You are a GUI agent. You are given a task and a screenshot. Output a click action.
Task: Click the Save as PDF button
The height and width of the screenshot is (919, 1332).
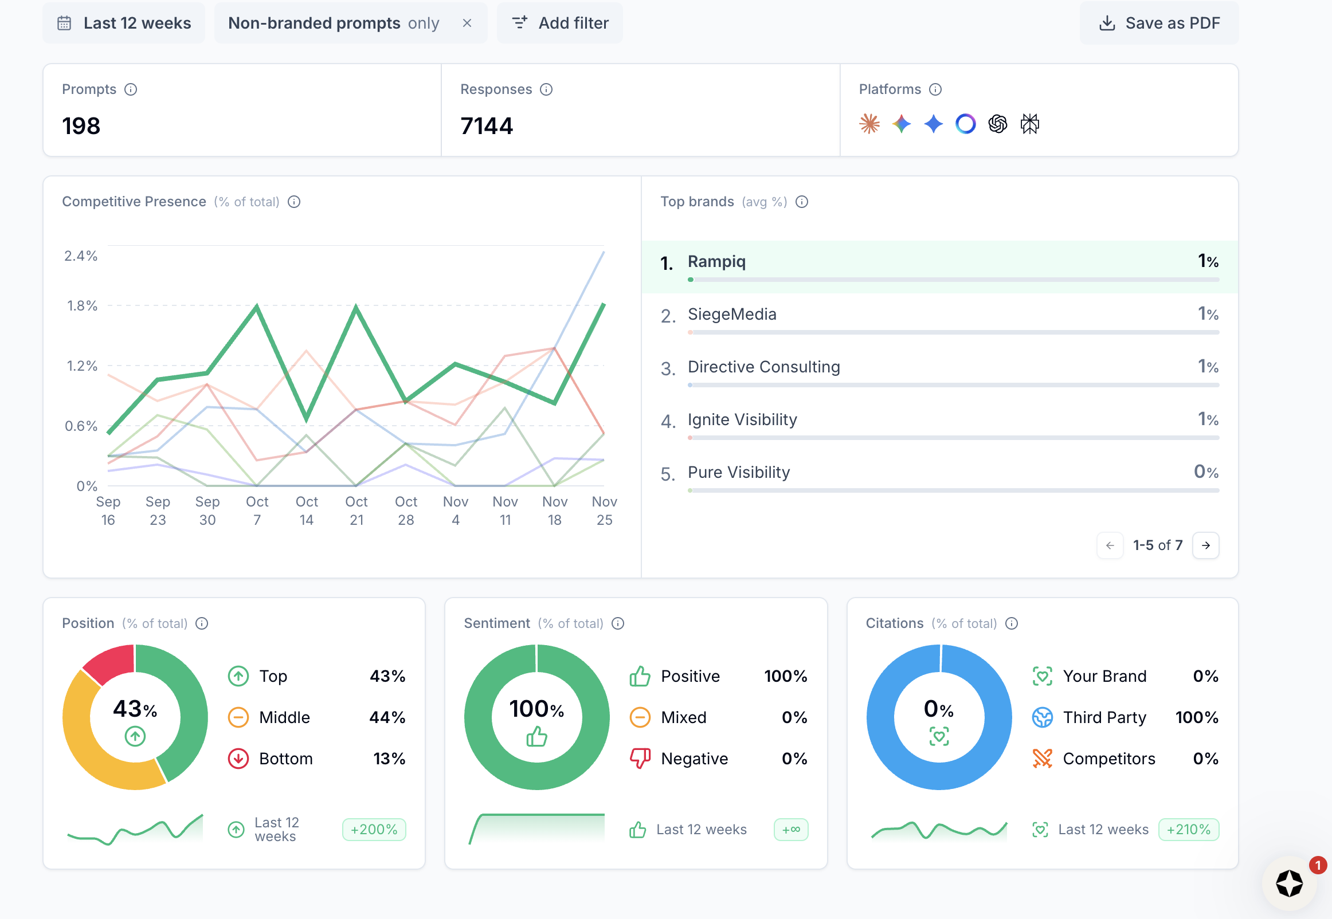[1159, 23]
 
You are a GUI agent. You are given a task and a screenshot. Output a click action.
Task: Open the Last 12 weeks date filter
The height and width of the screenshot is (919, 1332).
[124, 23]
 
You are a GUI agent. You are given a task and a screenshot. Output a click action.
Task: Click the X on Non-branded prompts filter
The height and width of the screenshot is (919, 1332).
[467, 23]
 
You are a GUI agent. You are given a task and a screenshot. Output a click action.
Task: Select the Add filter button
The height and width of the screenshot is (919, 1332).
[560, 23]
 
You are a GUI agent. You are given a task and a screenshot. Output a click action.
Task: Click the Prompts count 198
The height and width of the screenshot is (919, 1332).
[81, 126]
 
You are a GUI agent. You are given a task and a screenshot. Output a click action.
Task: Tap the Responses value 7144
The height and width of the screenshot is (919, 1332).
[487, 126]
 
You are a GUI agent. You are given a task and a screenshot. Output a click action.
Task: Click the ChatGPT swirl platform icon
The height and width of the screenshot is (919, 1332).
[997, 124]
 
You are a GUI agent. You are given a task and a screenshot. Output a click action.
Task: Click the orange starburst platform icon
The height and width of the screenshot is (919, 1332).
[869, 124]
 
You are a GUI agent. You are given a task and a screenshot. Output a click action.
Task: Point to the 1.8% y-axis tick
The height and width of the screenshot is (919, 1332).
[82, 306]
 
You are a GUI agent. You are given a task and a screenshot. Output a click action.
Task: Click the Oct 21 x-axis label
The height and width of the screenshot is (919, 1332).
[356, 510]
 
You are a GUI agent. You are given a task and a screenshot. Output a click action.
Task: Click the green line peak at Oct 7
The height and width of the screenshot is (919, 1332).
[257, 307]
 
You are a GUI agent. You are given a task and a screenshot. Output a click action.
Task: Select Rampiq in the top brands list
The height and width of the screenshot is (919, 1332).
[716, 261]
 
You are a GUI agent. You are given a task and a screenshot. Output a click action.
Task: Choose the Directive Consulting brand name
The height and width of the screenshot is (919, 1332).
[763, 367]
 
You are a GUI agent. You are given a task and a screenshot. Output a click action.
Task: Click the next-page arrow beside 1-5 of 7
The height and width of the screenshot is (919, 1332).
[1205, 545]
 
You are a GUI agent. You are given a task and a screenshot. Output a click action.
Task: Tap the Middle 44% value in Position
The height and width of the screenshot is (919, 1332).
[387, 717]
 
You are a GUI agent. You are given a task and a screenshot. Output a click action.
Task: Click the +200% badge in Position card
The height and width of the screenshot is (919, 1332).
[374, 830]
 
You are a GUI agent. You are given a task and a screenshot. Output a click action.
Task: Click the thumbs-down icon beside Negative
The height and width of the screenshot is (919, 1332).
[640, 759]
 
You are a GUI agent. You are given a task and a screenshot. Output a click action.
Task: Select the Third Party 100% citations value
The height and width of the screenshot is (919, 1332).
[1197, 717]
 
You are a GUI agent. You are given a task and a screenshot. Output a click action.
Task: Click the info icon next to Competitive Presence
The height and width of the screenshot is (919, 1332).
[293, 202]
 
